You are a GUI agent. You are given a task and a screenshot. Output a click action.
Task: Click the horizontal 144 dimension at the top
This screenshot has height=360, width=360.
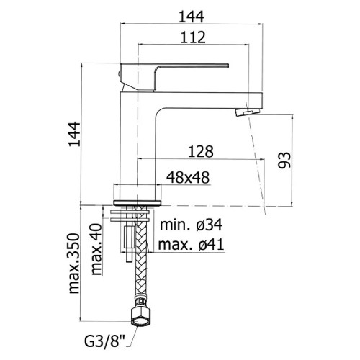click(191, 15)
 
